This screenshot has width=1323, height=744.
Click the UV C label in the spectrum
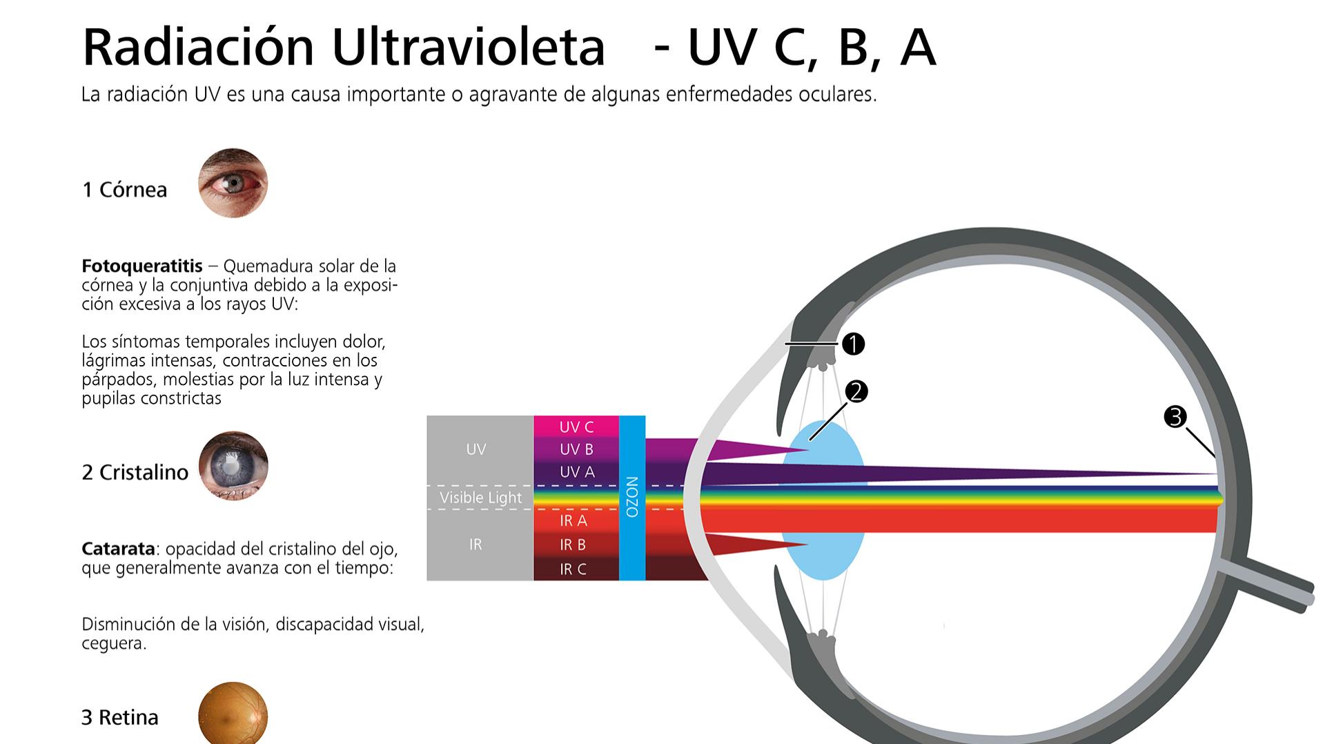[576, 427]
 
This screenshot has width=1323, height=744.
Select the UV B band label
[576, 449]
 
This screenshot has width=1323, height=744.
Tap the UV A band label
[576, 472]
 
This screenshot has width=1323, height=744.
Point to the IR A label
[574, 521]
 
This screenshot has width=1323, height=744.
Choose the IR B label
[573, 545]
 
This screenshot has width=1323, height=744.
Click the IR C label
[573, 569]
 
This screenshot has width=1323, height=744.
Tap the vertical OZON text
[632, 497]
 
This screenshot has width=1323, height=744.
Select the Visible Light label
[481, 498]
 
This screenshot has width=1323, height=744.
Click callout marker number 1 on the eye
[853, 344]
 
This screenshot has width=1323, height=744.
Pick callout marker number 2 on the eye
[856, 392]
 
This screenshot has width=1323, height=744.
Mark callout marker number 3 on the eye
[1175, 417]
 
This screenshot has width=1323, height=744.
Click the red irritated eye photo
[233, 183]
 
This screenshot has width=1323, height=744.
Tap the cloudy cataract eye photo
[233, 466]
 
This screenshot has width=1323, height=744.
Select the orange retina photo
[233, 714]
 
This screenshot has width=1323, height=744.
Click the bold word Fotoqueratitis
[142, 266]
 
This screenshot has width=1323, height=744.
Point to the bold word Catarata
[119, 549]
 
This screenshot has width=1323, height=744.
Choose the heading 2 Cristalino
[135, 472]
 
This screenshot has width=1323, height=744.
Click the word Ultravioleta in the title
[468, 47]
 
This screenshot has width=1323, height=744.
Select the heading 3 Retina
[120, 718]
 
